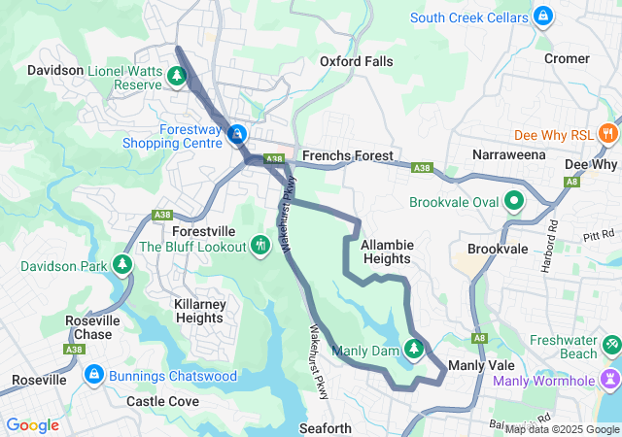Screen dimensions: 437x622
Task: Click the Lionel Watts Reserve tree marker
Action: (x=177, y=75)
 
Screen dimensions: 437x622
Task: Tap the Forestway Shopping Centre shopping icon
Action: (x=236, y=133)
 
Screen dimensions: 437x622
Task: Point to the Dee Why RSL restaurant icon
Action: (x=608, y=132)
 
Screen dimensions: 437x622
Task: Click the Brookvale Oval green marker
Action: (x=513, y=202)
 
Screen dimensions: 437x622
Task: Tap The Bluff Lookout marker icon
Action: (x=259, y=244)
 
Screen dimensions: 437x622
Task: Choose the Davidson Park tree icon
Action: (x=122, y=263)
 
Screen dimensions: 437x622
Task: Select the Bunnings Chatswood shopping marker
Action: (x=93, y=373)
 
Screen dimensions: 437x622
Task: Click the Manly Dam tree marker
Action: (x=414, y=348)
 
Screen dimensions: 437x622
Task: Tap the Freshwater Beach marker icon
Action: (x=611, y=345)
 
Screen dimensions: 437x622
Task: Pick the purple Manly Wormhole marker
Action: (x=609, y=378)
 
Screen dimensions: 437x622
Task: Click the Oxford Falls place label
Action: (x=357, y=61)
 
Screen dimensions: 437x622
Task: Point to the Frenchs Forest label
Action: (x=347, y=155)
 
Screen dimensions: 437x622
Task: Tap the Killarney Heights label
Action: (x=198, y=311)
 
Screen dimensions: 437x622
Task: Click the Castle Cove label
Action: (x=162, y=401)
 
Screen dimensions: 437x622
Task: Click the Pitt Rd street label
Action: (x=600, y=235)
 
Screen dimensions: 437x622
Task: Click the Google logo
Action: (x=32, y=424)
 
